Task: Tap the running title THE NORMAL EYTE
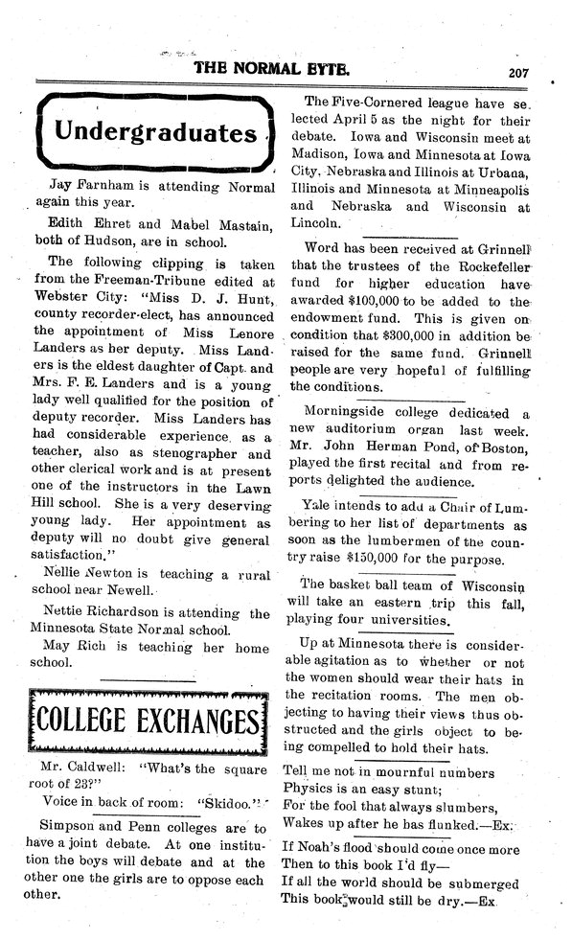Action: pos(271,69)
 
